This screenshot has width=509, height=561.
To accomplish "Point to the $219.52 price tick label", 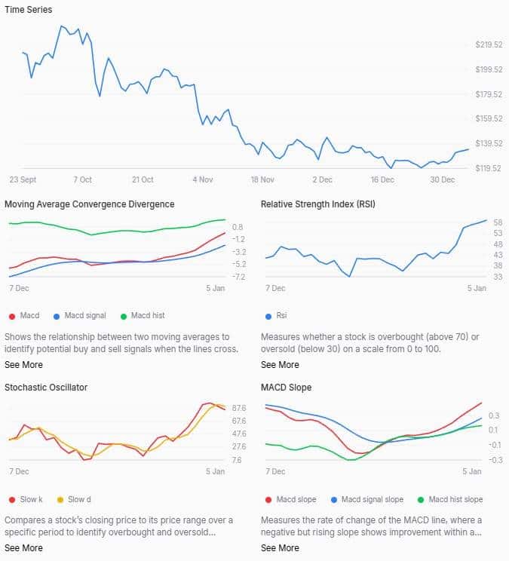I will (x=489, y=45).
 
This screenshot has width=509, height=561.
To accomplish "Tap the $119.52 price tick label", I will (x=489, y=168).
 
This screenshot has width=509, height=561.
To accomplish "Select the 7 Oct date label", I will (x=82, y=180).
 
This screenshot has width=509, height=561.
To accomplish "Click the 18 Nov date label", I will (x=262, y=180).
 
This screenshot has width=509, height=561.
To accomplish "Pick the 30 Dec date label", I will (x=443, y=180).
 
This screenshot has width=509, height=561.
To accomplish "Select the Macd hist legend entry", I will (x=149, y=315).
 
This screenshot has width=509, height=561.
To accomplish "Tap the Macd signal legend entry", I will (x=84, y=315).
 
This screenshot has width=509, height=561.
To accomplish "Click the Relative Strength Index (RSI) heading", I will (x=317, y=204).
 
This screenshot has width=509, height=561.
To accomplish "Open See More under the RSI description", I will (x=279, y=365).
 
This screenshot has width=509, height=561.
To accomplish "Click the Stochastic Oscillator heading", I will (x=46, y=388).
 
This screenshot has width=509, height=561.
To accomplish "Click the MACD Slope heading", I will (x=286, y=388).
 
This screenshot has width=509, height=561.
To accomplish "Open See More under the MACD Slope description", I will (x=279, y=548).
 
